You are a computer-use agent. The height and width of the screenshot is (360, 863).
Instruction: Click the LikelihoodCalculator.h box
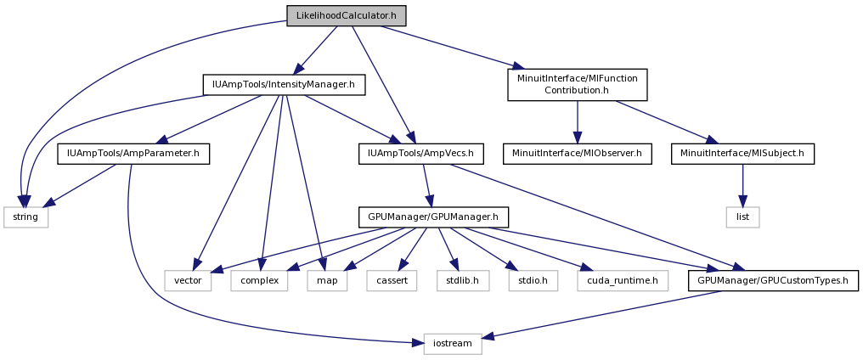pos(347,15)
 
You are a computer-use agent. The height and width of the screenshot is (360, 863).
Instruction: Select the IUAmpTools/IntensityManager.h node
pos(284,85)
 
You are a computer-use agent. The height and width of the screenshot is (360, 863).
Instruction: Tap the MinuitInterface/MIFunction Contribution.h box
pos(577,84)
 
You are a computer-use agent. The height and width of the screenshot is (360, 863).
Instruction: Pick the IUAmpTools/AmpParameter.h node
pos(133,155)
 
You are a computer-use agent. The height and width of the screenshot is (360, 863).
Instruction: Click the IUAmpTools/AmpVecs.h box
pos(421,155)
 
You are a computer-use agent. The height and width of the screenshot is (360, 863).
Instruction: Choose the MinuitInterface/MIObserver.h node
pos(577,155)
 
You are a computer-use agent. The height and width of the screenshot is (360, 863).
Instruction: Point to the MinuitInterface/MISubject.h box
pos(742,155)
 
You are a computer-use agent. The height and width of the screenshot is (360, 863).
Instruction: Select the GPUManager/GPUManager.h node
pos(433,217)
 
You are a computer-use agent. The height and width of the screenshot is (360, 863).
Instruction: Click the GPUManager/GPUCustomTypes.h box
pos(773,281)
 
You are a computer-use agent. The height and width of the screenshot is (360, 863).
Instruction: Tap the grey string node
pos(25,217)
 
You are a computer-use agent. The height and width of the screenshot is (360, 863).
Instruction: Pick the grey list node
pos(742,217)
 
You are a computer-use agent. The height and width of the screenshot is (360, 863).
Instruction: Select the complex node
pos(259,281)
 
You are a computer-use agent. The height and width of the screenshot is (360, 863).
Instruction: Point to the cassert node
pos(392,281)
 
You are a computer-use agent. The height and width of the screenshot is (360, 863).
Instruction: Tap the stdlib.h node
pos(463,281)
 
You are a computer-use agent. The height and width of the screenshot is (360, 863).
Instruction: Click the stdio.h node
pos(533,281)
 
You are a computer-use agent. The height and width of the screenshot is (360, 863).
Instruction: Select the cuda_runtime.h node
pos(623,281)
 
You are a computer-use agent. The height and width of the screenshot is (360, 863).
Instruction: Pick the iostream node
pos(453,344)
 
